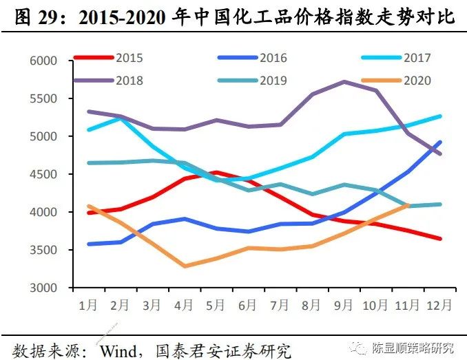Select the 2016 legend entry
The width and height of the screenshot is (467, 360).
tap(273, 58)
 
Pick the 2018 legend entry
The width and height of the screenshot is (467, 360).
tap(129, 81)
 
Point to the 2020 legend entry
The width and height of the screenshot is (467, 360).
tap(417, 81)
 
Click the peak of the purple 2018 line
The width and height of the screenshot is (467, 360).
tap(344, 81)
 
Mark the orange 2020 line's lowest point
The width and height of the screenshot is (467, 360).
tap(185, 266)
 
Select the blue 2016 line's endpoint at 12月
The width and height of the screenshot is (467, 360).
tap(440, 142)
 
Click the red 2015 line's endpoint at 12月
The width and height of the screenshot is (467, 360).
tap(440, 239)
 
